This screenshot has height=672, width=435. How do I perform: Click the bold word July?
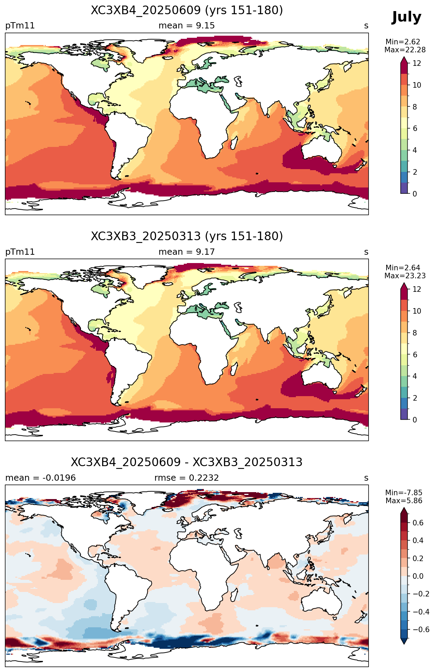406,17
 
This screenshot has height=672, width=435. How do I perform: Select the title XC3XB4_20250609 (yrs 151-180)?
187,10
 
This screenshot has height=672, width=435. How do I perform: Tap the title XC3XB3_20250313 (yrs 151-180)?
187,236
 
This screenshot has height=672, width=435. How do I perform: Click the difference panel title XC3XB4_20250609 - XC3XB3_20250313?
187,462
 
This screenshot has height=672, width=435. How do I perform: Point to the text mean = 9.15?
187,26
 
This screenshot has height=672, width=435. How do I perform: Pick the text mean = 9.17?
187,252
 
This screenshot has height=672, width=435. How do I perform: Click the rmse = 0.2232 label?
187,478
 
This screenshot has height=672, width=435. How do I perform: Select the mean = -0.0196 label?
40,478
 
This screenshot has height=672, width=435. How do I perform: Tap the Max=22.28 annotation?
405,50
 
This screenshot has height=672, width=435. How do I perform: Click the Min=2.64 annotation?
403,268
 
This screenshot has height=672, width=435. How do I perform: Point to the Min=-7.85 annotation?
404,493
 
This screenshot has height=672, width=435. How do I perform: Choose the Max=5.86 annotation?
404,501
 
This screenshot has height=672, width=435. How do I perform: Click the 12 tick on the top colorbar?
417,63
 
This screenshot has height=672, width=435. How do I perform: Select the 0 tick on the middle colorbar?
415,420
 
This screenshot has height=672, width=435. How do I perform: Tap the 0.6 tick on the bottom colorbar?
418,523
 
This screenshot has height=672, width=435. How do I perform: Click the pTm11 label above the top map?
20,26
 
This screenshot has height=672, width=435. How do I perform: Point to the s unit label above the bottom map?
366,478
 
